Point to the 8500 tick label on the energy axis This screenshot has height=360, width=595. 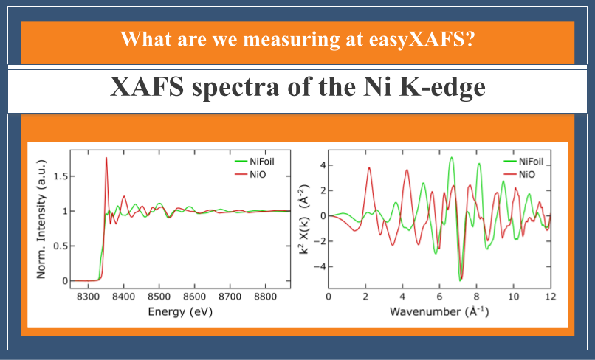tap(159, 297)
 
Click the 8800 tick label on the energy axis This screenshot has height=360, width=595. tap(265, 297)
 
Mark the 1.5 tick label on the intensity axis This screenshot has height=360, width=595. tap(61, 176)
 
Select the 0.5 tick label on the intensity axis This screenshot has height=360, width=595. tap(61, 246)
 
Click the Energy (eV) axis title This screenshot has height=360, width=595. tap(180, 312)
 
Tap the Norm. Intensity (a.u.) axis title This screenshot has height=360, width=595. tap(41, 219)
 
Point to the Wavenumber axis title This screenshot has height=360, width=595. tap(439, 311)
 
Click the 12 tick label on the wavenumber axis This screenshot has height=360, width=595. tap(551, 297)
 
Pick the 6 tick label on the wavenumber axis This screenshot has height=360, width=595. tap(439, 297)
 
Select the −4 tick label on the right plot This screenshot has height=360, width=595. tap(318, 266)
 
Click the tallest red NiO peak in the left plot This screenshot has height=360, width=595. tap(106, 158)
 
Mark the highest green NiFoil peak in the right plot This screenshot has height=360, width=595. tap(451, 158)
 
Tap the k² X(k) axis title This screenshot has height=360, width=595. tap(304, 219)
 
